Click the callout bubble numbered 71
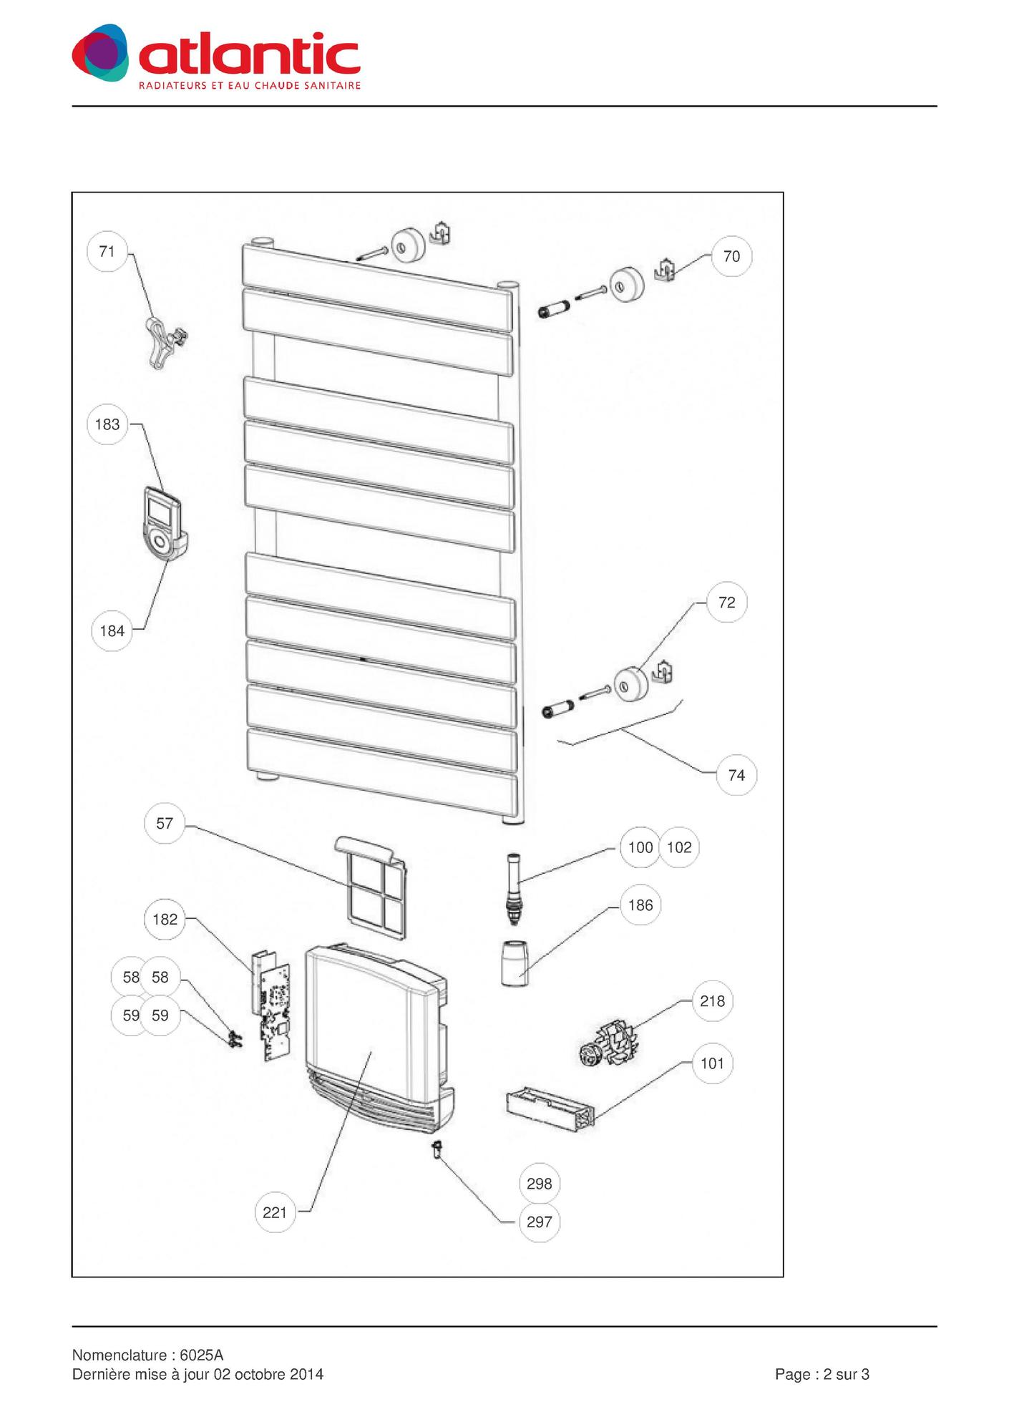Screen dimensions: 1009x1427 107,251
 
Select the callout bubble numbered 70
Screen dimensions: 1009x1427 731,256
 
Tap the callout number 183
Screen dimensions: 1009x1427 107,424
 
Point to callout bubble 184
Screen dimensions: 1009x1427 112,630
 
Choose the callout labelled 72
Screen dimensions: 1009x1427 726,603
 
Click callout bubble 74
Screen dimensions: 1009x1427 736,775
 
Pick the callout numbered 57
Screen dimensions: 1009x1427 165,824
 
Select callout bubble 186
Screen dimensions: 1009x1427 640,905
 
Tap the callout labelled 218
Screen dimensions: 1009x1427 712,1001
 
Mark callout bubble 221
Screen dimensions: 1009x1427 275,1212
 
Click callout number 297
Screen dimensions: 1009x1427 539,1222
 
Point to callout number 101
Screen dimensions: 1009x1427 712,1063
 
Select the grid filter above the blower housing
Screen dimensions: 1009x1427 371,887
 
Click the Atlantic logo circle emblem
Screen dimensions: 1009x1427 100,53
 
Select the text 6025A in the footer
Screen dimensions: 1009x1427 202,1355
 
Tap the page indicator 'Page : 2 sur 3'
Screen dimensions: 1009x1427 822,1374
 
